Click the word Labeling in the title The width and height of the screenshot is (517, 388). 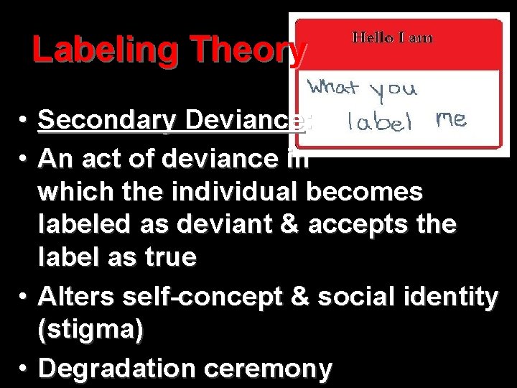(x=90, y=51)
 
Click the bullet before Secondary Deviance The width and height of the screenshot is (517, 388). (x=24, y=124)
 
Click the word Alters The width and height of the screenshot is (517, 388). (x=74, y=296)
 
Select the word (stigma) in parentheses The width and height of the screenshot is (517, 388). (x=91, y=328)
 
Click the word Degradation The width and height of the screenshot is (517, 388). (x=118, y=369)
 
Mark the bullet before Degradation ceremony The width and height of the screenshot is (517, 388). (x=24, y=369)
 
